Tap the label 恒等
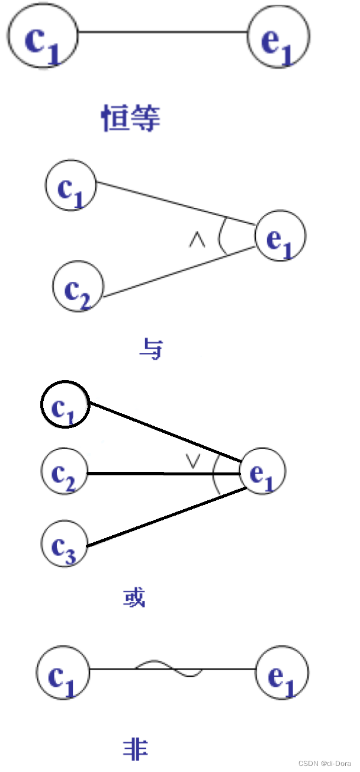(131, 118)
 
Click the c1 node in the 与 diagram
(71, 185)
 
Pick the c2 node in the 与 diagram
(78, 288)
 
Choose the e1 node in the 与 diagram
(280, 237)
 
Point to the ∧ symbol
(197, 241)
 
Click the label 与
(150, 349)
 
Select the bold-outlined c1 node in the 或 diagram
(65, 405)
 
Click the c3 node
(64, 542)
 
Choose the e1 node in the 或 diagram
(263, 472)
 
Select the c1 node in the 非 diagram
(63, 673)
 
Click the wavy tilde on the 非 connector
(169, 669)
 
